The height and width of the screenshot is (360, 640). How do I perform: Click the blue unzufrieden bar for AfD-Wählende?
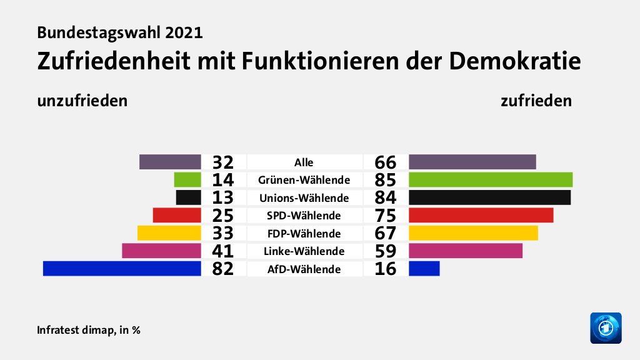[x=122, y=269]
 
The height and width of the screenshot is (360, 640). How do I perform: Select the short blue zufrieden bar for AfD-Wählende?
[x=424, y=269]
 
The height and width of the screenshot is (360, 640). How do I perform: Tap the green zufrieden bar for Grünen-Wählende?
[x=491, y=180]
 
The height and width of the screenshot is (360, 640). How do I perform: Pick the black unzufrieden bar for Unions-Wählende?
[x=188, y=197]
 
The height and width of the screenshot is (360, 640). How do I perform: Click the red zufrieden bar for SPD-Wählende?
[x=481, y=216]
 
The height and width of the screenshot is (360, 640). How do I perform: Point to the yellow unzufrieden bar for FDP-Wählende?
[x=169, y=233]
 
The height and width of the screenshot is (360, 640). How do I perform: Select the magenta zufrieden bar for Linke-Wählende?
[x=466, y=251]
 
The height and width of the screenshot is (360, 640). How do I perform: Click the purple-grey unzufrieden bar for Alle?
[x=170, y=162]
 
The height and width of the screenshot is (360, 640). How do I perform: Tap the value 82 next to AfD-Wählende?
[x=222, y=269]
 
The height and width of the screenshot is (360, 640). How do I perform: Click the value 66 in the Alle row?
[x=386, y=162]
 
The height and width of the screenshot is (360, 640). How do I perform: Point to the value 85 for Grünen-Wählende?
[x=386, y=181]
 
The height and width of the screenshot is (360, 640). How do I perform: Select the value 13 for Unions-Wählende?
[x=222, y=198]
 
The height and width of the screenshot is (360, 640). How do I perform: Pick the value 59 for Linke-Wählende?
[x=386, y=252]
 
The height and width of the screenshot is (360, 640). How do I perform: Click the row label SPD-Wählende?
[x=304, y=216]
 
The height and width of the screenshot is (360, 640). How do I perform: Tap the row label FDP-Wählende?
[x=304, y=234]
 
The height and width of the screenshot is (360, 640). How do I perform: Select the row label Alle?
[x=304, y=162]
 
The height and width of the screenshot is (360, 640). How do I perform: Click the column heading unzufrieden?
[x=82, y=101]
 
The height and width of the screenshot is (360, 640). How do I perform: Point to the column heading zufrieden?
[x=536, y=101]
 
